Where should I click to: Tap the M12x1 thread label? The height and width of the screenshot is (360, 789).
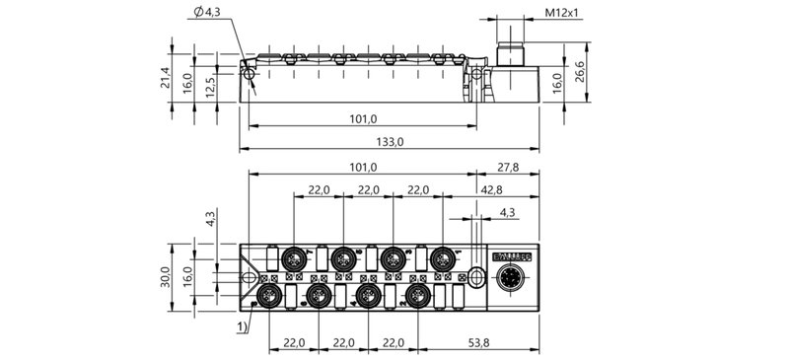(562, 14)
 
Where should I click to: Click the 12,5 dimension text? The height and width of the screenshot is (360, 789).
(210, 86)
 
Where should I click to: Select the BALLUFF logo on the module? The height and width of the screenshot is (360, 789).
(511, 256)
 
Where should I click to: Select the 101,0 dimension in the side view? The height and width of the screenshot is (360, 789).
(364, 119)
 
